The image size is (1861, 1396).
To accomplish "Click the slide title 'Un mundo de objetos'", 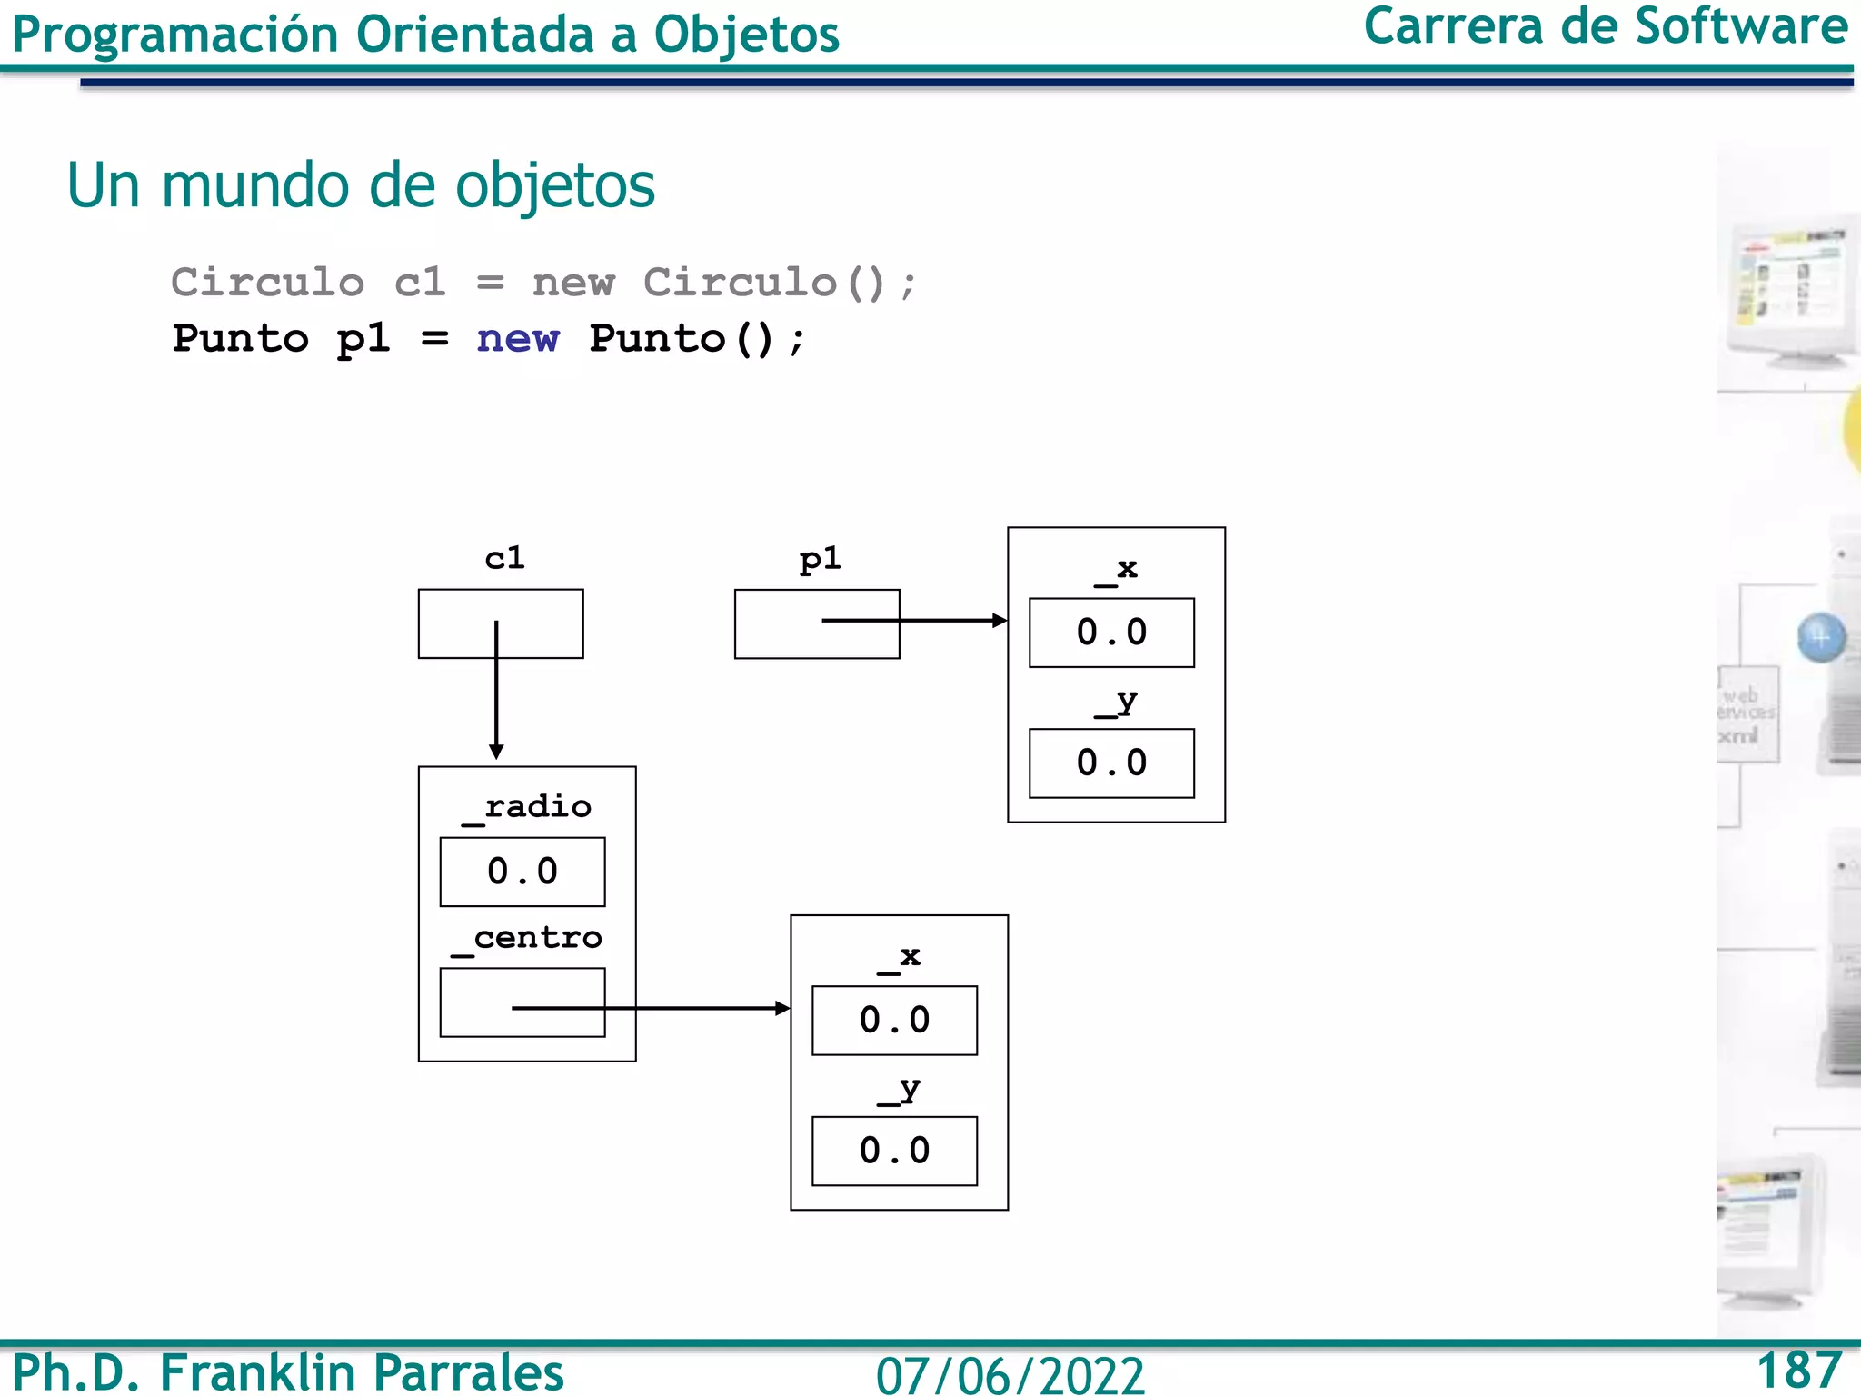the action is tap(361, 185).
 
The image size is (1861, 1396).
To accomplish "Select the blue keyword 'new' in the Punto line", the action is tap(518, 338).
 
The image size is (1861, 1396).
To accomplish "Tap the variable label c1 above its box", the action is tap(504, 558).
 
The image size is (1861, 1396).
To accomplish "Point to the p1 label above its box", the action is tap(820, 559).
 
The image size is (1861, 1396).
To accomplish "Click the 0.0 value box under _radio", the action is tap(522, 872).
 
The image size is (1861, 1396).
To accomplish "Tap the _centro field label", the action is tap(527, 938).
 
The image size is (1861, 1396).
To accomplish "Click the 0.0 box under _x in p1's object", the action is tap(1111, 633).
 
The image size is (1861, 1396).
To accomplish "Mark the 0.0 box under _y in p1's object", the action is tap(1111, 763).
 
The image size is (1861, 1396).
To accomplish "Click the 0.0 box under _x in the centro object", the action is tap(894, 1021).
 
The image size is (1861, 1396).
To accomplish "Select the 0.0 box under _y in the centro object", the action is tap(894, 1152).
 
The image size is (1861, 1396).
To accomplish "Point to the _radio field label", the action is tap(527, 807).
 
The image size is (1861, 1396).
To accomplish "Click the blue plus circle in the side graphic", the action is tap(1821, 637).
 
